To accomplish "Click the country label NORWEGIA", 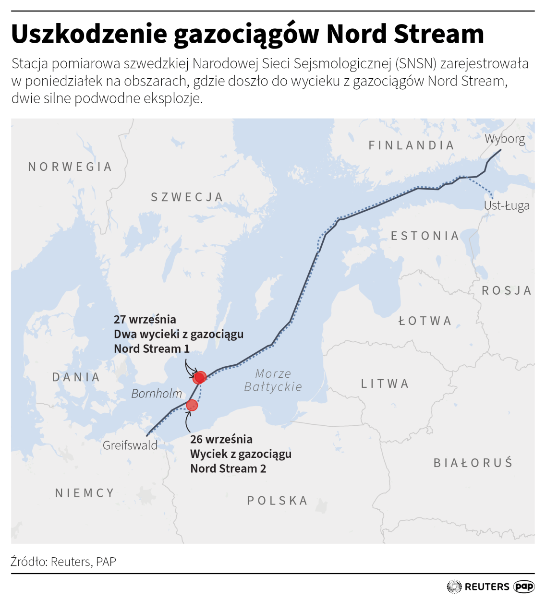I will pos(70,167).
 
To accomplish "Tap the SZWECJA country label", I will pos(187,197).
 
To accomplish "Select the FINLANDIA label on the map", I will pos(411,145).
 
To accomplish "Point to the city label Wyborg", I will pos(504,139).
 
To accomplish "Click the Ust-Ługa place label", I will pos(507,205).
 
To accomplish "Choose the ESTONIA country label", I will pos(425,236).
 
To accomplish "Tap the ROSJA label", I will pos(507,290).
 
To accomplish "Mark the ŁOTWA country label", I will pos(425,321).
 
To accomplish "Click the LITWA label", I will pos(385,384).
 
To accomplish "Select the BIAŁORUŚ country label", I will pos(473,463).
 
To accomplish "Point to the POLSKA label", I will pos(277,501).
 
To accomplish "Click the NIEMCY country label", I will pos(85,493).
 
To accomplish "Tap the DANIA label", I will pos(76,377).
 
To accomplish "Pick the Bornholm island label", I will pos(157,394).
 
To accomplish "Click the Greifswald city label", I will pos(130,445).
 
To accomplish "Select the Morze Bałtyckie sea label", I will pos(273,380).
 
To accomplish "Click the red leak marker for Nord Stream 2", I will pos(192,405).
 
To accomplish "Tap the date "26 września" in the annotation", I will pos(221,439).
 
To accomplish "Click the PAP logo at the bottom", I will pos(524,587).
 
